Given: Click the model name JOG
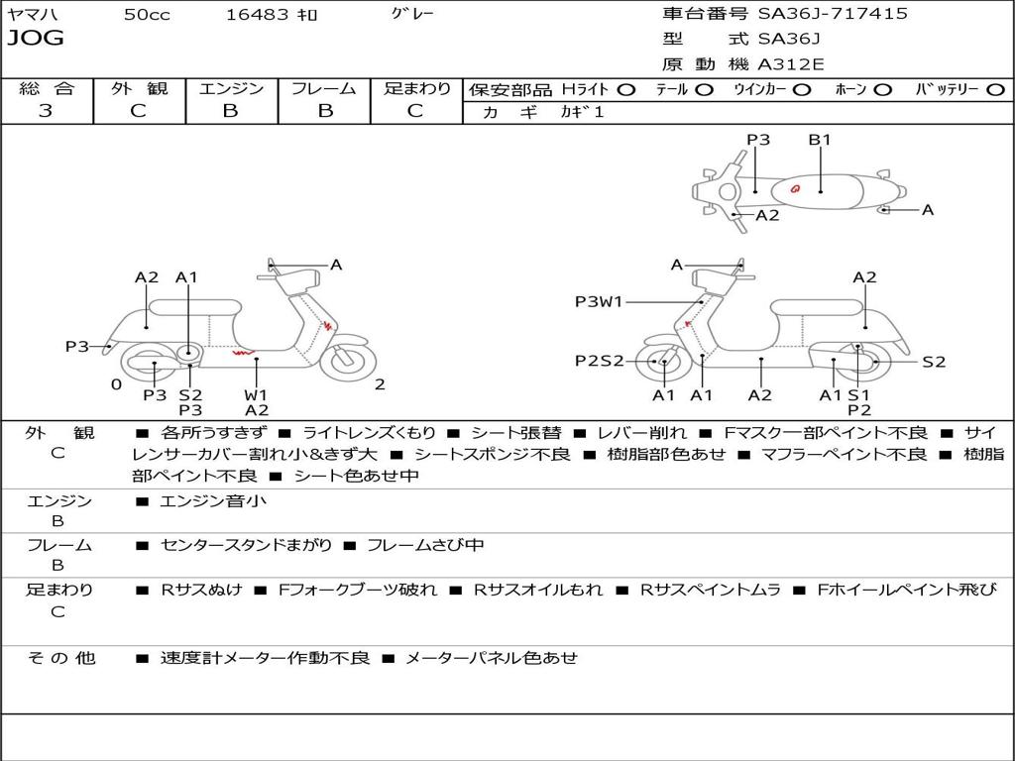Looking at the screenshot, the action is (36, 39).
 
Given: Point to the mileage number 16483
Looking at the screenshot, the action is (258, 14).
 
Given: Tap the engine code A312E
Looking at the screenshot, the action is (789, 65).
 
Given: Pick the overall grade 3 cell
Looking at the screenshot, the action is (46, 111).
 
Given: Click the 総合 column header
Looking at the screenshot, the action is (46, 89).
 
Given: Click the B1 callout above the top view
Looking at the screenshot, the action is (820, 140).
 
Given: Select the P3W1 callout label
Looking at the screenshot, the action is (599, 302).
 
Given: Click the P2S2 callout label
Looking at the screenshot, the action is (599, 362).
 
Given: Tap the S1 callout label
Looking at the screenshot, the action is (858, 395).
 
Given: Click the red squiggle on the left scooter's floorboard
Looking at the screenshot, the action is (242, 352).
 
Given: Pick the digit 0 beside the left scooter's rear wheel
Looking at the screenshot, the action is (116, 384).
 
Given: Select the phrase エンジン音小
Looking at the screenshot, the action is (213, 501).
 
